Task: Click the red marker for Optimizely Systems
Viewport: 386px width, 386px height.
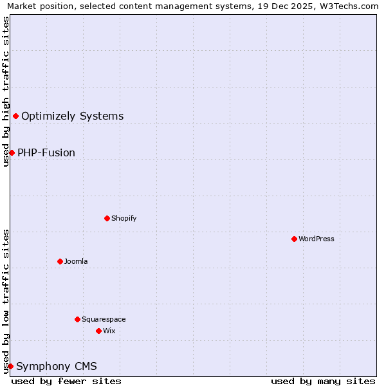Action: pyautogui.click(x=15, y=116)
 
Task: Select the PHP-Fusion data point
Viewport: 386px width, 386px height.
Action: pyautogui.click(x=12, y=152)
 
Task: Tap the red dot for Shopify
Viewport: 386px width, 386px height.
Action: pyautogui.click(x=107, y=218)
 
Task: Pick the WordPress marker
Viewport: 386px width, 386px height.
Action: pyautogui.click(x=294, y=239)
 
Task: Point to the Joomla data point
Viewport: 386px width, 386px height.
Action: pyautogui.click(x=60, y=261)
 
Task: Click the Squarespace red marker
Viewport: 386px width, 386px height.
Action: pyautogui.click(x=77, y=319)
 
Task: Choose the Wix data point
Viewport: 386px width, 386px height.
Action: pyautogui.click(x=98, y=331)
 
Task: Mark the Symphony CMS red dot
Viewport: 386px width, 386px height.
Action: pyautogui.click(x=10, y=366)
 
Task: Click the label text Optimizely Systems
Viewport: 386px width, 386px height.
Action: pyautogui.click(x=72, y=116)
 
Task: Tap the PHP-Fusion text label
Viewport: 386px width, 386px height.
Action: pyautogui.click(x=46, y=153)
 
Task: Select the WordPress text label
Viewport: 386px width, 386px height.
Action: pyautogui.click(x=317, y=239)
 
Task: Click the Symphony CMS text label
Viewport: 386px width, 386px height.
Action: pyautogui.click(x=57, y=367)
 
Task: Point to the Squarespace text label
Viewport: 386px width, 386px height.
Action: pyautogui.click(x=104, y=319)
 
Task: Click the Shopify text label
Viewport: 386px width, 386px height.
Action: pyautogui.click(x=124, y=218)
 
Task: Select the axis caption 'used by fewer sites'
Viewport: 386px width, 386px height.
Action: pyautogui.click(x=66, y=381)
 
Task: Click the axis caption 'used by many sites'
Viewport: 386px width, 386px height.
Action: pyautogui.click(x=323, y=381)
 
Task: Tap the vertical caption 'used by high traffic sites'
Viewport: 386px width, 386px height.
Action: pyautogui.click(x=6, y=91)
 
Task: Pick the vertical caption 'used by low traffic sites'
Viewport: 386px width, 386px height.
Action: pyautogui.click(x=6, y=301)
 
